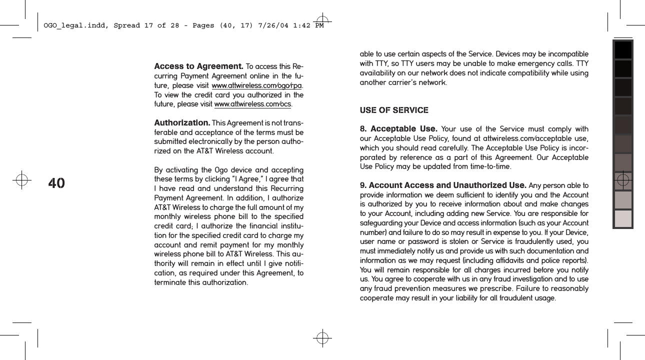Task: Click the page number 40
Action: (56, 183)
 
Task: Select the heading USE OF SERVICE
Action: (394, 110)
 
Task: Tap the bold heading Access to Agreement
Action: (198, 66)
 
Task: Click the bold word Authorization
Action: (182, 123)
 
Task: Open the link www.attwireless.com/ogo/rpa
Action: (257, 85)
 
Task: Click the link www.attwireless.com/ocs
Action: (252, 104)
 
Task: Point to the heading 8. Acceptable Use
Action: (398, 129)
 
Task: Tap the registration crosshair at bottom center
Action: (322, 338)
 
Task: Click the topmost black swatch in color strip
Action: (623, 50)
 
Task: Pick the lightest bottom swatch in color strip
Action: (623, 218)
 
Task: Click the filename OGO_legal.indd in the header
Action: (73, 25)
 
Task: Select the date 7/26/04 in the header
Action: (271, 25)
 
